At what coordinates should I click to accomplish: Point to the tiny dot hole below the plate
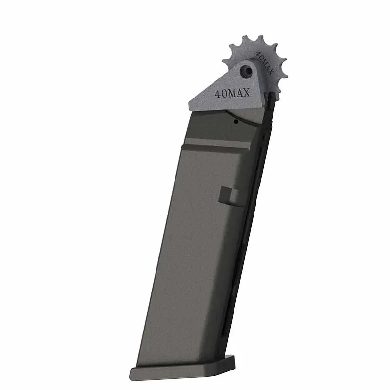[x=236, y=122]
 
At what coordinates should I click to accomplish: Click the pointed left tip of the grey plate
[x=190, y=104]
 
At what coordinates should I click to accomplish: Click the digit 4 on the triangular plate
[x=217, y=94]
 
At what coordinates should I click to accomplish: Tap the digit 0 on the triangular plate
[x=224, y=93]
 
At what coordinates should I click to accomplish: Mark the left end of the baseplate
[x=133, y=374]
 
